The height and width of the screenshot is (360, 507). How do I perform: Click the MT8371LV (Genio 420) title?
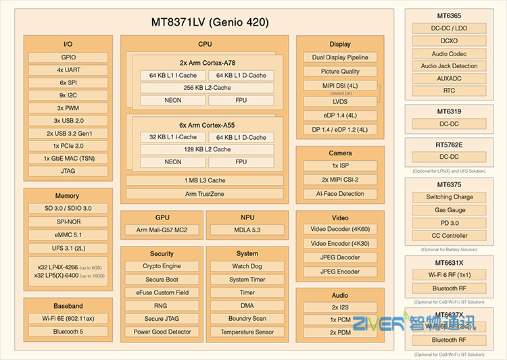click(210, 22)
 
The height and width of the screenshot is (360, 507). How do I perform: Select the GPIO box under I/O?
click(68, 57)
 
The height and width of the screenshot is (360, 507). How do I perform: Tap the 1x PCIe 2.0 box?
click(68, 146)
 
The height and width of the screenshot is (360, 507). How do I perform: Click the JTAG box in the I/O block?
click(68, 171)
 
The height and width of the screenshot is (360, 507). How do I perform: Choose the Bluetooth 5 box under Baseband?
click(68, 332)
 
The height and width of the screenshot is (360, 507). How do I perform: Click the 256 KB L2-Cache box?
click(207, 88)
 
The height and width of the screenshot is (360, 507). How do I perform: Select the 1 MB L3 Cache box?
click(205, 180)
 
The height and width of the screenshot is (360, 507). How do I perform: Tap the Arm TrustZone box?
click(205, 194)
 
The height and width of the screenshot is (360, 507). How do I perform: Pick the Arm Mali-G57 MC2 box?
click(162, 230)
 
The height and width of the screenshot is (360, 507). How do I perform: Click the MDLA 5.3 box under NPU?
click(247, 230)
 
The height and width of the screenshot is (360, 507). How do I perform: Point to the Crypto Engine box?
click(162, 266)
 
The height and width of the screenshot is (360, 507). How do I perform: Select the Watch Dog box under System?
click(247, 266)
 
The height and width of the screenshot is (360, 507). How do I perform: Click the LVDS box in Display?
click(339, 101)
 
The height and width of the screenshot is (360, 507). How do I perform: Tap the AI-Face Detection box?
click(340, 193)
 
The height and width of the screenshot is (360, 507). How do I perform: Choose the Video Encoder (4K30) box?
click(340, 243)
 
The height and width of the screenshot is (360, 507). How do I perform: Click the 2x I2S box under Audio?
click(340, 307)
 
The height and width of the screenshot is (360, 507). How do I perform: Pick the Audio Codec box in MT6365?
click(450, 53)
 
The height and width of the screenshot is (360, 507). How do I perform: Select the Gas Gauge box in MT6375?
click(450, 210)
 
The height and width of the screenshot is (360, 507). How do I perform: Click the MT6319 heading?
click(450, 111)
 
